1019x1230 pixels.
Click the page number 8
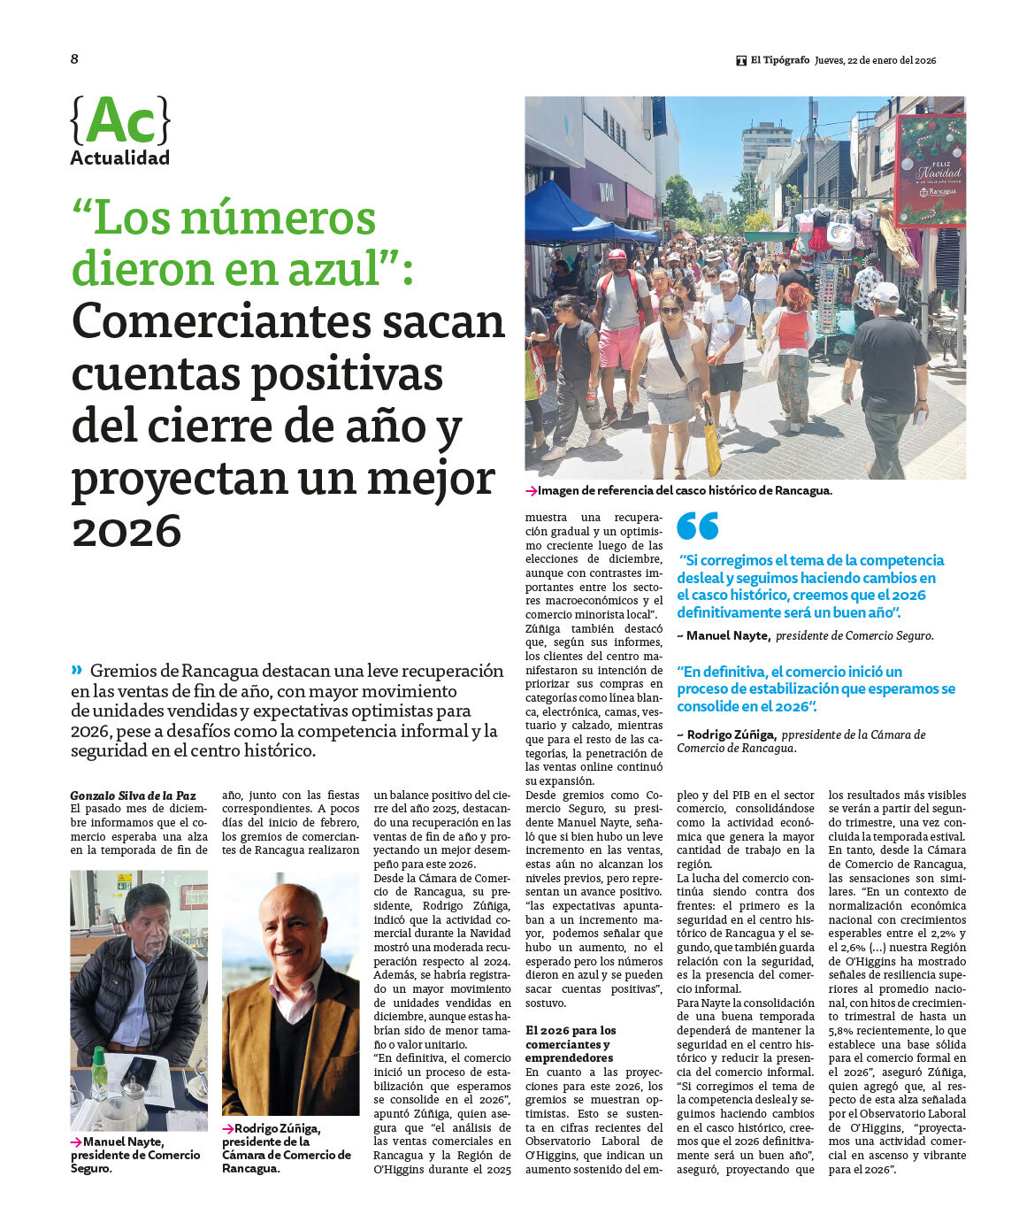[x=74, y=59]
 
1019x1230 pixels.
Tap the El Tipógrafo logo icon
[x=741, y=61]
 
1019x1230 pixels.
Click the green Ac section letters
[x=120, y=120]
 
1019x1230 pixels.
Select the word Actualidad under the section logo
[x=119, y=158]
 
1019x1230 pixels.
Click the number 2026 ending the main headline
[x=126, y=532]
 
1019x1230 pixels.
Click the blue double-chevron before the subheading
[x=77, y=670]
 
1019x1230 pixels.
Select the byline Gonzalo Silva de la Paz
[x=133, y=796]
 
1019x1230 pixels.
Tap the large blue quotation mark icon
[x=697, y=527]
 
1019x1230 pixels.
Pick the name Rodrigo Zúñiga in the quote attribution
[x=732, y=734]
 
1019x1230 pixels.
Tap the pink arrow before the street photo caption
[x=531, y=491]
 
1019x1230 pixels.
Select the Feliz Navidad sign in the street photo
[x=929, y=171]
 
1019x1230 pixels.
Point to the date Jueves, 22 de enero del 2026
[x=875, y=61]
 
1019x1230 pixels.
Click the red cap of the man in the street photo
[x=617, y=254]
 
